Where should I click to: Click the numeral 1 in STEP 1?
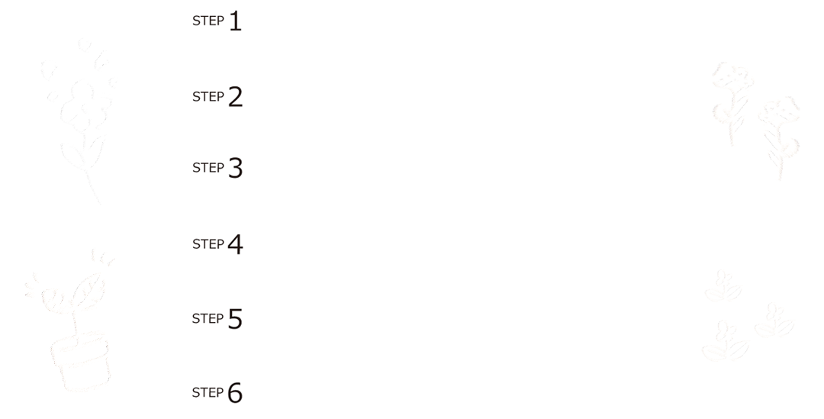tap(235, 21)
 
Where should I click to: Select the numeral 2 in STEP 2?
tap(234, 97)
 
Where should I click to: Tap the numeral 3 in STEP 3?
tap(234, 168)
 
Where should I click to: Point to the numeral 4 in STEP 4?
tap(234, 245)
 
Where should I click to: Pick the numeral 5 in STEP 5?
tap(234, 319)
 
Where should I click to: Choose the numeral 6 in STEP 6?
tap(234, 393)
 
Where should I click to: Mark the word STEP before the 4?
tap(208, 244)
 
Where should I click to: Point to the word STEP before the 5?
tap(208, 318)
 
